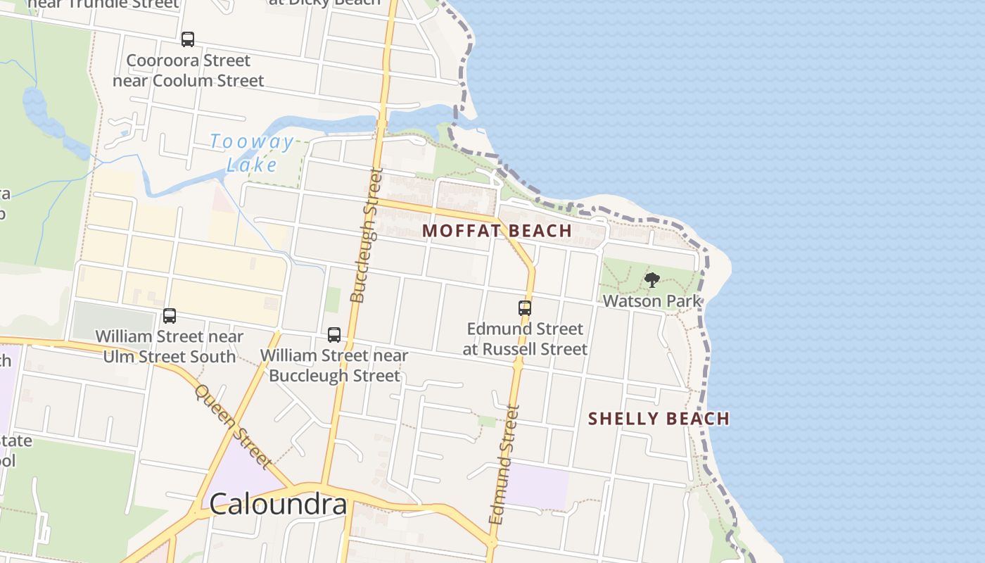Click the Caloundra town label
click(x=278, y=504)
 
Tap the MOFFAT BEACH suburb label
click(x=497, y=231)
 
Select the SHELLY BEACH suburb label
click(x=659, y=419)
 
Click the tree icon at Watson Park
click(x=652, y=280)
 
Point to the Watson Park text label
click(x=652, y=301)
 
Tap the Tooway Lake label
click(x=252, y=153)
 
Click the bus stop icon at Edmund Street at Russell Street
click(x=525, y=308)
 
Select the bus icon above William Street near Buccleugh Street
click(x=334, y=335)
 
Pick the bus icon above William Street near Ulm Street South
click(x=170, y=316)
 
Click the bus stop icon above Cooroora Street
click(x=188, y=39)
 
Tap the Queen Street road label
click(x=233, y=426)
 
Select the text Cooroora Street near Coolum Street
click(x=189, y=70)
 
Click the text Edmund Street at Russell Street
click(x=526, y=339)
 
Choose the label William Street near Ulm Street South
click(x=170, y=346)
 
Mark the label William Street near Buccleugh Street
click(x=334, y=365)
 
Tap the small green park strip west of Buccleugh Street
click(x=332, y=299)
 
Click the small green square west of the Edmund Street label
click(x=486, y=421)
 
